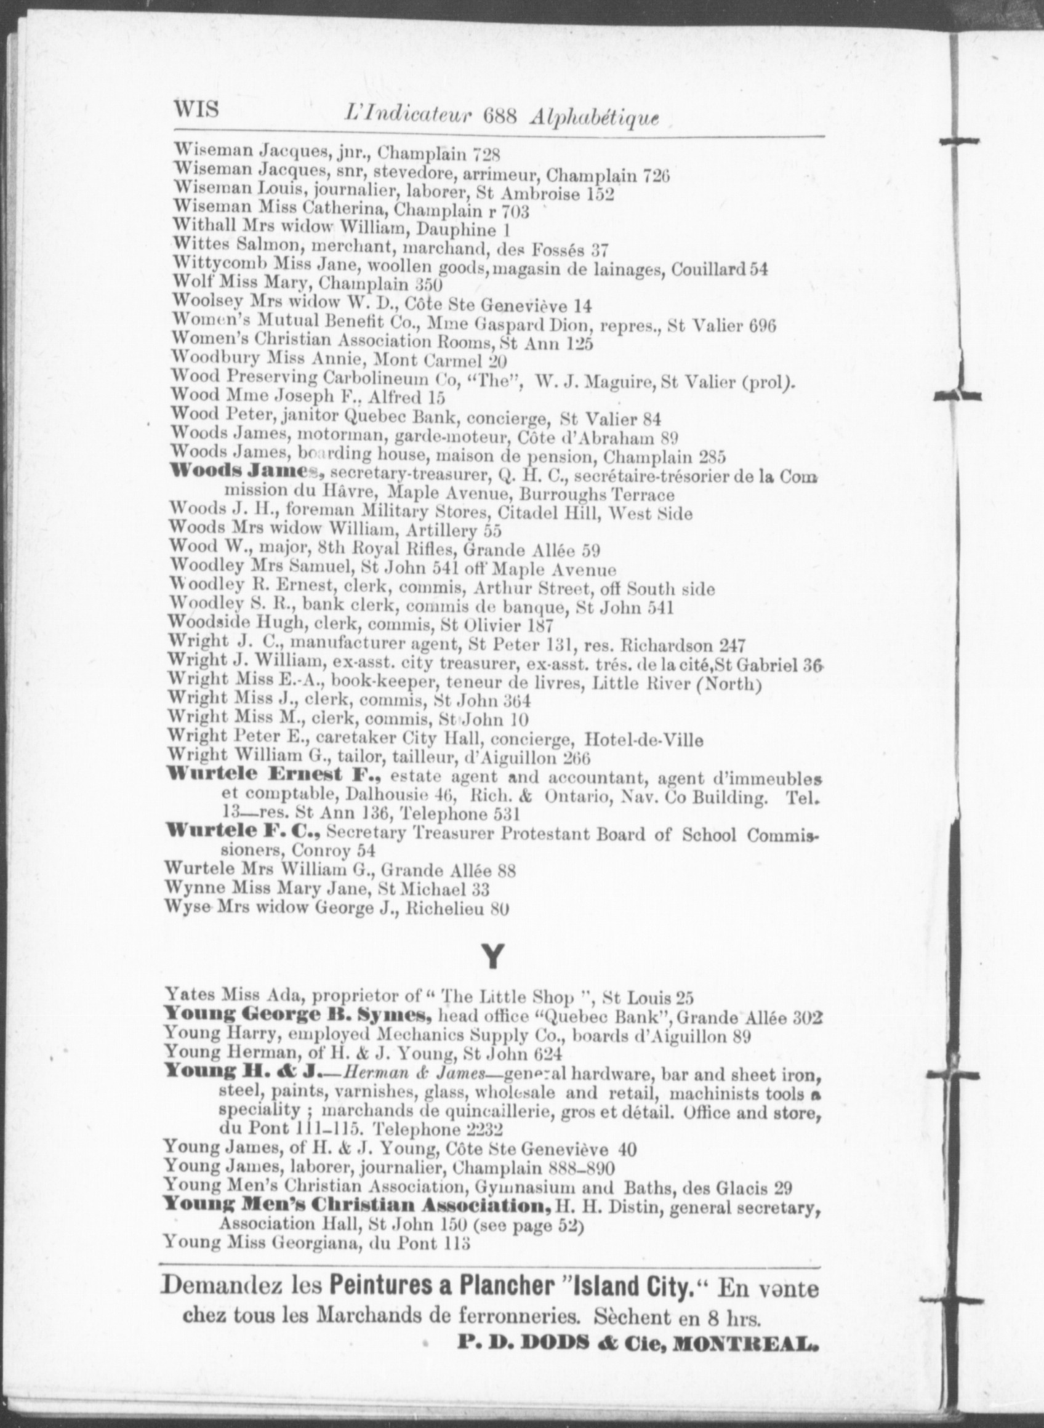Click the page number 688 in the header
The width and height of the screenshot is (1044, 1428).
point(500,116)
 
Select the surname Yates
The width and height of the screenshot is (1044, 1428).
point(188,996)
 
